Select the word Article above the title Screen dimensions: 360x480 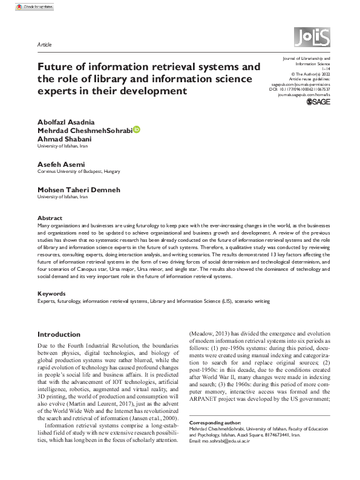tap(44, 45)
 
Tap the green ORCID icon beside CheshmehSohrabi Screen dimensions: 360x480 tap(137, 129)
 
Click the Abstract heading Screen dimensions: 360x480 tap(50, 218)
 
